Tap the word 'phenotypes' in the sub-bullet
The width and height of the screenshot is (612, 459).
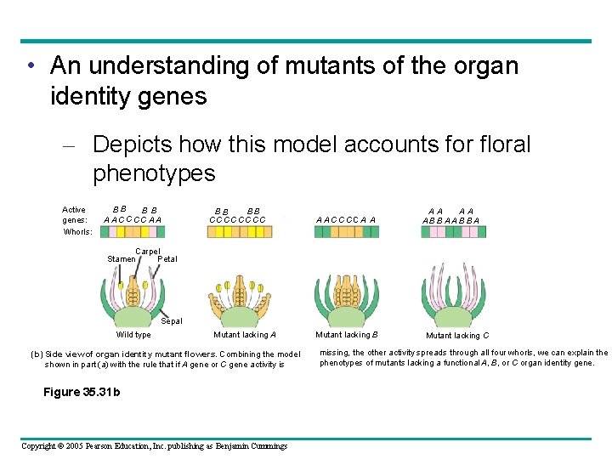(155, 173)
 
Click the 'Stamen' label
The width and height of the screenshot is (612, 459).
(122, 258)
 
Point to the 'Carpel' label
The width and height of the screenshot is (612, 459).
(148, 252)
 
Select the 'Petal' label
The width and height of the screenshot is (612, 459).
(167, 258)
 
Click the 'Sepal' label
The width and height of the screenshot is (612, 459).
(172, 321)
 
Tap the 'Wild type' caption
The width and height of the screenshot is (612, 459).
(133, 335)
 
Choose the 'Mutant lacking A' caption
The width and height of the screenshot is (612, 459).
(245, 335)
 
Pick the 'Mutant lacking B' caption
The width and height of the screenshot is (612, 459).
(347, 335)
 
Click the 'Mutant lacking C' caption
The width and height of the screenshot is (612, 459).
(457, 336)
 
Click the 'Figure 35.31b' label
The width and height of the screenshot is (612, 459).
(82, 392)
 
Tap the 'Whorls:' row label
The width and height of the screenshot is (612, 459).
(77, 231)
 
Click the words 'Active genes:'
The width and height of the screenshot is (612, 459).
(75, 214)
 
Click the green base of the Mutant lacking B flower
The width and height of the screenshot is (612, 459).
(347, 320)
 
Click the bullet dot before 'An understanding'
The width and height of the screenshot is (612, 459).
(31, 66)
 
